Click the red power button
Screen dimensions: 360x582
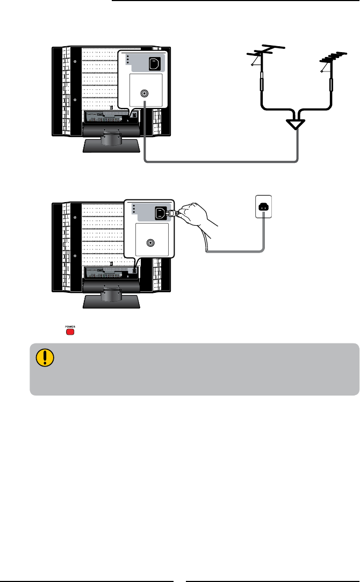tap(70, 332)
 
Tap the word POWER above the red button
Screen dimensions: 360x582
tap(70, 326)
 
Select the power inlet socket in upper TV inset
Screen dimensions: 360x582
tap(154, 64)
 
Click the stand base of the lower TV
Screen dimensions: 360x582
tap(111, 300)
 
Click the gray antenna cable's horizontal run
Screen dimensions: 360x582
tap(220, 161)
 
